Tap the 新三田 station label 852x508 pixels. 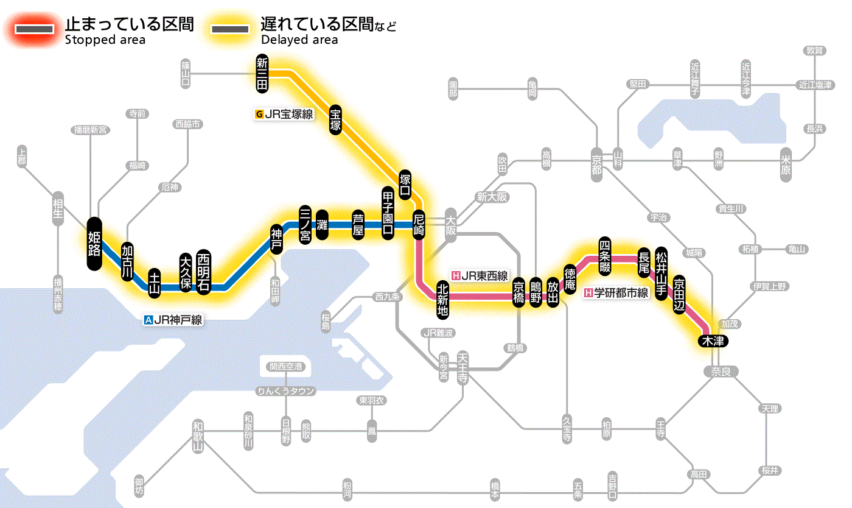[262, 74]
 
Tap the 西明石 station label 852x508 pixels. [203, 272]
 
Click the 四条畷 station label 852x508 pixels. [604, 254]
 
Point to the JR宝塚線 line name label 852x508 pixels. [285, 113]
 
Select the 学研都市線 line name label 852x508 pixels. [616, 292]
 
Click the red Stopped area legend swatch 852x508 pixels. [36, 29]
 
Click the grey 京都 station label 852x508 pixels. [596, 161]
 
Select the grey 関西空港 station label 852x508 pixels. [285, 367]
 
